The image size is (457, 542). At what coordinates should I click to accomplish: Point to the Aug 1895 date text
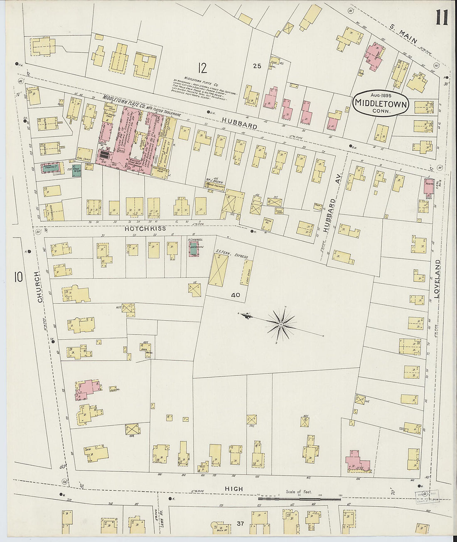click(x=381, y=96)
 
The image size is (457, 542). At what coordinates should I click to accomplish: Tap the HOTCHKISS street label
click(x=143, y=229)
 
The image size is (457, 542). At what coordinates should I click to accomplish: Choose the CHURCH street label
click(x=40, y=287)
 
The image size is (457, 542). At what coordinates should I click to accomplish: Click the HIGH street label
click(x=234, y=489)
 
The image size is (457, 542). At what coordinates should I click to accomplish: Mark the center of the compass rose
click(x=281, y=324)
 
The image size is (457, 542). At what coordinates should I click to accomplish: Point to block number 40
click(x=236, y=295)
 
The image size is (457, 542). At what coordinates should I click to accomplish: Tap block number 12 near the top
click(x=202, y=67)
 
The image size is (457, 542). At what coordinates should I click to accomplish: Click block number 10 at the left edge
click(x=18, y=277)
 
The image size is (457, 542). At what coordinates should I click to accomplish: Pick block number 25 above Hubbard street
click(x=257, y=66)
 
